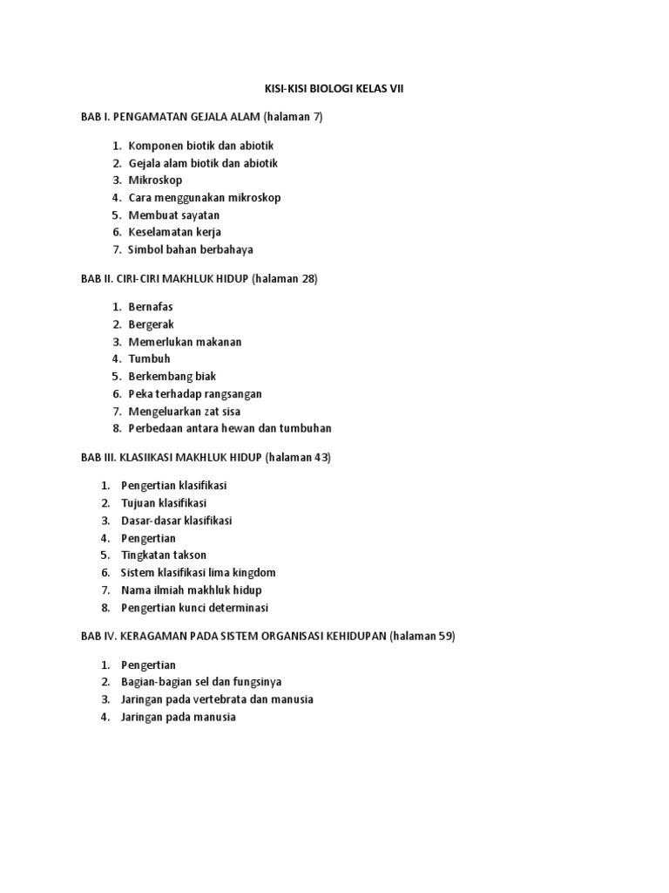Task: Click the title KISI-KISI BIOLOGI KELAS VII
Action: tap(334, 89)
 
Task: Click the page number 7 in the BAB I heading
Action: tap(317, 117)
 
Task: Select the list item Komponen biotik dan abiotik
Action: tap(201, 146)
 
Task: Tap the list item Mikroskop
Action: tap(155, 181)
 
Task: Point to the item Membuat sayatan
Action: tap(174, 215)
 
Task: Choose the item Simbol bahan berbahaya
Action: tap(191, 249)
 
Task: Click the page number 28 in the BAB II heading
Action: tap(308, 278)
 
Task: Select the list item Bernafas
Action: tap(151, 307)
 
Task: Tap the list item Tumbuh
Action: tap(149, 358)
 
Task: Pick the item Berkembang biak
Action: tap(172, 376)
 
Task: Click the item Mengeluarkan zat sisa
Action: tap(185, 411)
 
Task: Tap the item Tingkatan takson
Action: tap(164, 555)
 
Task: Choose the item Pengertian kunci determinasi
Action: tap(195, 607)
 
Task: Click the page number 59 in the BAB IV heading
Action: tap(445, 636)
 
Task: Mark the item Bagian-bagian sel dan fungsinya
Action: tap(201, 682)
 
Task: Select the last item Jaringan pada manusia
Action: tap(179, 717)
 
